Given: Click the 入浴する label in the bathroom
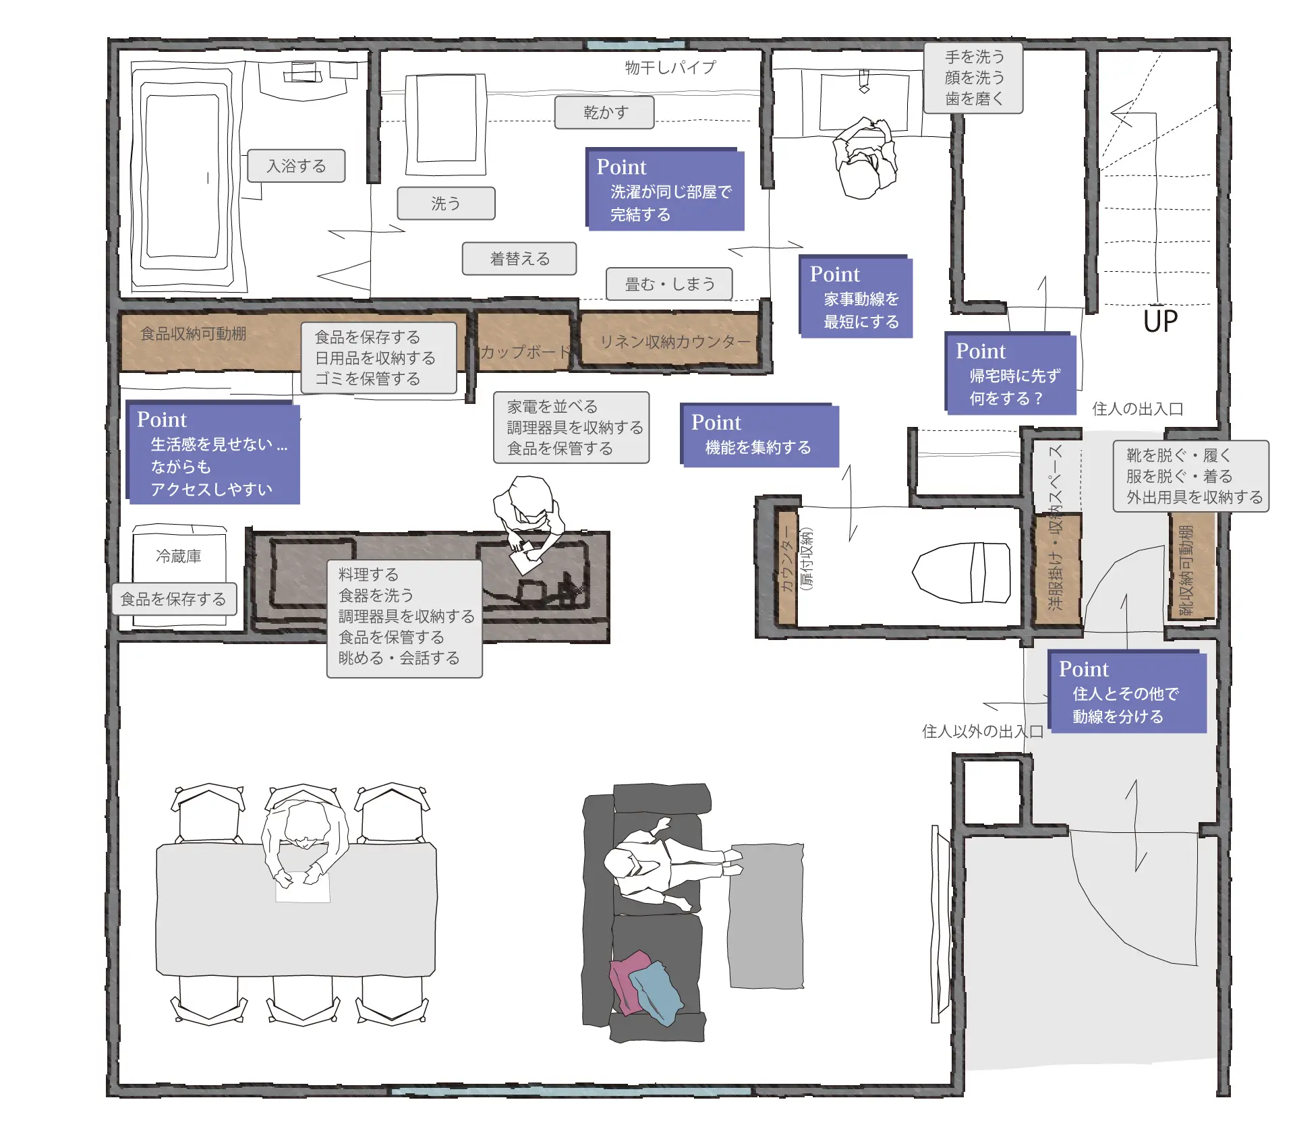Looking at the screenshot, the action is (x=296, y=166).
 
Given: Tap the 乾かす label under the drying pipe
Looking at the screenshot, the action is (x=604, y=112).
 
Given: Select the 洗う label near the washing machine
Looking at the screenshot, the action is (x=446, y=203).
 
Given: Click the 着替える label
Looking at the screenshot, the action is (x=519, y=259).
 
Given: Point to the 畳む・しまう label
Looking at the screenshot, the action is (x=669, y=284).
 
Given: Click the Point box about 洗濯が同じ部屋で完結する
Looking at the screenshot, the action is (x=665, y=190).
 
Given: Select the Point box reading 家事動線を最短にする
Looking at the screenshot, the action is (x=855, y=296).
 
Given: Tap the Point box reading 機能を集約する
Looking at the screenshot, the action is (x=759, y=435).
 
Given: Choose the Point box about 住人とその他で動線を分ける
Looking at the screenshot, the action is (x=1127, y=691).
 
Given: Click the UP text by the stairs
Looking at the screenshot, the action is (x=1160, y=321).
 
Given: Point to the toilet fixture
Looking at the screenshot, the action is (x=961, y=573).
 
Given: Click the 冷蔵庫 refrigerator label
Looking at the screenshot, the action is (x=179, y=556).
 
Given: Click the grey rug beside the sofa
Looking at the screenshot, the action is (x=766, y=915).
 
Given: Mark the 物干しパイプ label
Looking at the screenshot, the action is (x=670, y=67).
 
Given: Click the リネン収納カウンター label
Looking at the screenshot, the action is (x=675, y=342).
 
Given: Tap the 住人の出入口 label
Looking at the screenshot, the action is (x=1138, y=409).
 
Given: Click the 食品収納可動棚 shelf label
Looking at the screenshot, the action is (x=193, y=334).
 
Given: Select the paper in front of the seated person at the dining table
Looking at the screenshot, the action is (x=303, y=887).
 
